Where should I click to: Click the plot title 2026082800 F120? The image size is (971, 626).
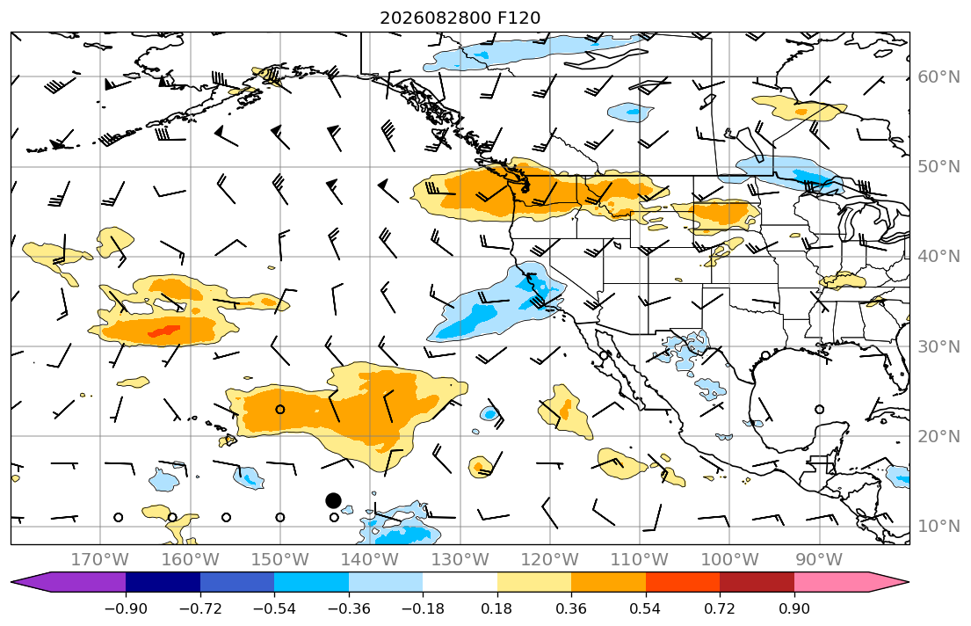[x=460, y=18]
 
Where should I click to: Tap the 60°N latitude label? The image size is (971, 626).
[x=938, y=76]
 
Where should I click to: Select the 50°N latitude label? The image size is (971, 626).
[x=938, y=167]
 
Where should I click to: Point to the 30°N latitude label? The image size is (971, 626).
[x=938, y=346]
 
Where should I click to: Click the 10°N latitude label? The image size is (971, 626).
[x=938, y=527]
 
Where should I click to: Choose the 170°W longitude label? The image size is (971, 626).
[x=100, y=560]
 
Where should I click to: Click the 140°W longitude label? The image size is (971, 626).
[x=370, y=560]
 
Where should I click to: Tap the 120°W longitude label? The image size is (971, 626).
[x=549, y=560]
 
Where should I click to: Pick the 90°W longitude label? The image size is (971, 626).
[x=819, y=560]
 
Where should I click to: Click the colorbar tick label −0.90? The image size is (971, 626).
[x=126, y=608]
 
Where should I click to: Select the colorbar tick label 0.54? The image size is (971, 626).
[x=645, y=608]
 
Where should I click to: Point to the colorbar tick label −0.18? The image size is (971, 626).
[x=423, y=608]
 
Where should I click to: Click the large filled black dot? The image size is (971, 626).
[x=333, y=500]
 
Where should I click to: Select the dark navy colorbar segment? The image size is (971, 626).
[x=163, y=582]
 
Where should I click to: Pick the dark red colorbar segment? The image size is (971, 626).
[x=757, y=582]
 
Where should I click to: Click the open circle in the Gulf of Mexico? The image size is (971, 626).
[x=819, y=409]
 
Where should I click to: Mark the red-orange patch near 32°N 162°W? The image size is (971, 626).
[x=163, y=331]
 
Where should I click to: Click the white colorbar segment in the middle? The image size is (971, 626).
[x=460, y=582]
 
